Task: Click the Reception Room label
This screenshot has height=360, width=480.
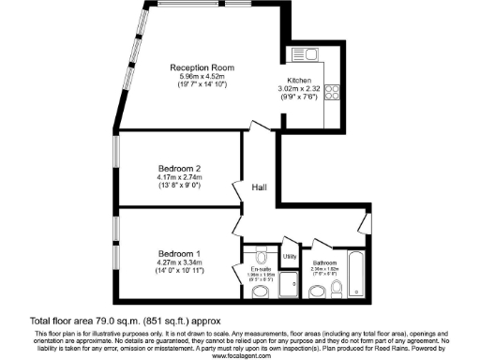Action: click(202, 68)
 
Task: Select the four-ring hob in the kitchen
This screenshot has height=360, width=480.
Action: click(332, 93)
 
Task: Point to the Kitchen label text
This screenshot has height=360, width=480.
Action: click(300, 80)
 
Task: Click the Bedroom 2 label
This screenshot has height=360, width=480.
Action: click(178, 168)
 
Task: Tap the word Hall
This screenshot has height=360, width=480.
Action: click(260, 187)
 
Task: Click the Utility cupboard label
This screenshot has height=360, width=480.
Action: click(290, 256)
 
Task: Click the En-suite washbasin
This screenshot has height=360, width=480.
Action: click(262, 292)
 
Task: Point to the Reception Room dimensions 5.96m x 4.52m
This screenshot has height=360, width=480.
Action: click(202, 77)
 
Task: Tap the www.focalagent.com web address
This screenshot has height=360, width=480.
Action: click(240, 355)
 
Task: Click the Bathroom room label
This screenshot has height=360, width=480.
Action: click(324, 262)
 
